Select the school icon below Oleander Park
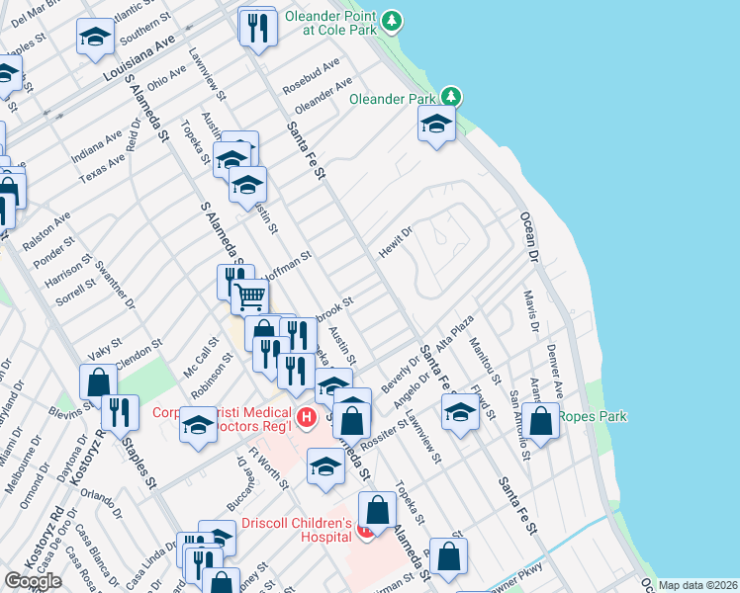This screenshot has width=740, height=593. click(436, 126)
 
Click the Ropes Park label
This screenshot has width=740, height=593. click(593, 416)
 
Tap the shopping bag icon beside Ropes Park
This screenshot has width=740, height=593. click(541, 420)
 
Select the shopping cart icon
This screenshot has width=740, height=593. click(250, 295)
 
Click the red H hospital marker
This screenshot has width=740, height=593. click(306, 418)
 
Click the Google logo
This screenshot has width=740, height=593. click(33, 581)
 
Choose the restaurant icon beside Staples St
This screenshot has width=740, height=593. click(120, 412)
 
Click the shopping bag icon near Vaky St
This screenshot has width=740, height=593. click(99, 381)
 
